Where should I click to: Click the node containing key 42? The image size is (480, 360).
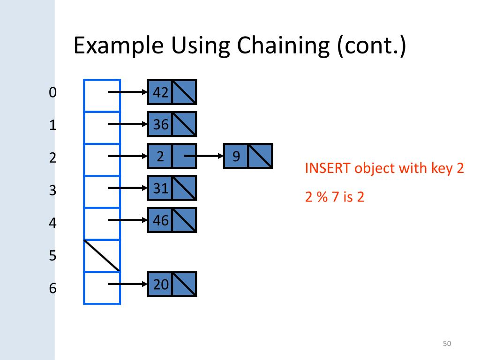172,92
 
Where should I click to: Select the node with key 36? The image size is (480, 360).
172,124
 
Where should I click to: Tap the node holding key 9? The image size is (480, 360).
247,156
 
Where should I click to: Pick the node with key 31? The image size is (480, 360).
172,188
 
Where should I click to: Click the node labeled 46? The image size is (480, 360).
172,220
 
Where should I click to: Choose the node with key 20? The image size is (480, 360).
172,284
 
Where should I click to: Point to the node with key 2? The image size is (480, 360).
172,156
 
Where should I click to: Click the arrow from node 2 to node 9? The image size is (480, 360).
204,156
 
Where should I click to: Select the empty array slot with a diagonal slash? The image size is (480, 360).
102,255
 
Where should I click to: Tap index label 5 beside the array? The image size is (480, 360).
52,256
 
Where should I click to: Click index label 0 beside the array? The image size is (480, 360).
52,93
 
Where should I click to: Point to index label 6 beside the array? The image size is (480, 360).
52,288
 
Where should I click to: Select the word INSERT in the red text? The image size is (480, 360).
328,168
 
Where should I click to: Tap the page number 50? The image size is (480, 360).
446,344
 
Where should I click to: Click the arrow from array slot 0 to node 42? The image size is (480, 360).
127,92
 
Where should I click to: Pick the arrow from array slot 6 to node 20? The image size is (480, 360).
127,284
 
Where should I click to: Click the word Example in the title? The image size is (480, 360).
119,46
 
